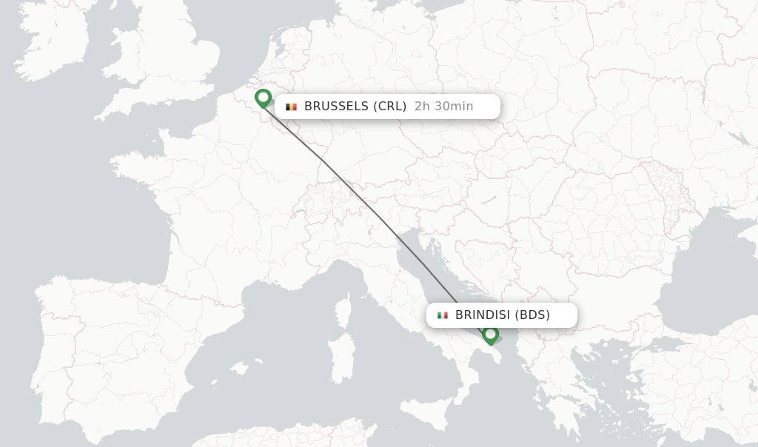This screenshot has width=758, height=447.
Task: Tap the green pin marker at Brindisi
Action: (x=490, y=335)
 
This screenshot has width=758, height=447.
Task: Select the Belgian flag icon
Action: (x=292, y=107)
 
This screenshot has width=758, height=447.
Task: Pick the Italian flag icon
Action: (x=443, y=315)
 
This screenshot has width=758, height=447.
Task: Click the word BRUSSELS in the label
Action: (x=336, y=107)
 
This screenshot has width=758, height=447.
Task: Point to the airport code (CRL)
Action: (x=389, y=107)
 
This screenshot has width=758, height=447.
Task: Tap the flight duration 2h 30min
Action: (x=444, y=107)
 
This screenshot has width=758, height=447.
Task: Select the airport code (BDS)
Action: (x=533, y=315)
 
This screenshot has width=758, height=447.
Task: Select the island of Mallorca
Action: (x=240, y=367)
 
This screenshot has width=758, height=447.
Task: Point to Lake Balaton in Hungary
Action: (x=489, y=199)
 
